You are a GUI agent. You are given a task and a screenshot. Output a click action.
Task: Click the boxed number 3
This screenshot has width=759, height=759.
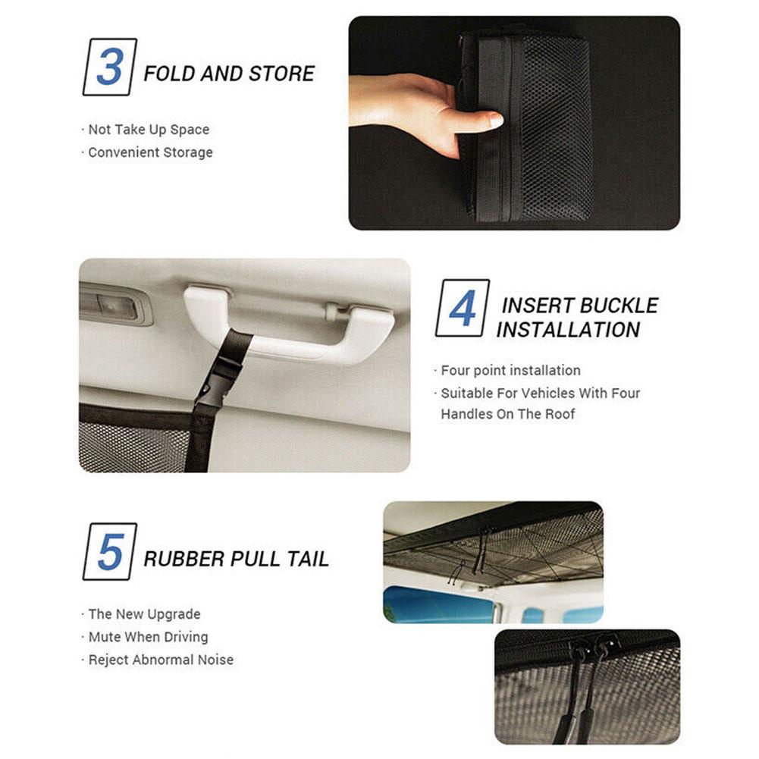[109, 67]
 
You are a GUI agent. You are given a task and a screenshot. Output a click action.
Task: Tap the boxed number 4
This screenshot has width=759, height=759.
[463, 308]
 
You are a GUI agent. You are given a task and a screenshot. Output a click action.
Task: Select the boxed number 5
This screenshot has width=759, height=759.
[110, 551]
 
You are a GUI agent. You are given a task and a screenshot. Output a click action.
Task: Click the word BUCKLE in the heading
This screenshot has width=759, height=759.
[619, 306]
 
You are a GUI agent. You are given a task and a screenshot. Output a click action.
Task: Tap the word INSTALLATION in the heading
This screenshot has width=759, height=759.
[568, 330]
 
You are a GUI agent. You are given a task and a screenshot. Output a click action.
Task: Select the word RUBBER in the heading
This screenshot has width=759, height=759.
[183, 559]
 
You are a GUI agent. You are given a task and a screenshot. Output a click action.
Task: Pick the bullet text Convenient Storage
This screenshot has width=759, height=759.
[151, 152]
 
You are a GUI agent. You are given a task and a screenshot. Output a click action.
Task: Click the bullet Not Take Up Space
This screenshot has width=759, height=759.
[149, 130]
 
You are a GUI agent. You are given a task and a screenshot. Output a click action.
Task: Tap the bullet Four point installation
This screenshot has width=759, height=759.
[511, 370]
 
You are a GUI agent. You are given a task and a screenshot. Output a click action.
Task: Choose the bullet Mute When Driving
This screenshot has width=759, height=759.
[148, 637]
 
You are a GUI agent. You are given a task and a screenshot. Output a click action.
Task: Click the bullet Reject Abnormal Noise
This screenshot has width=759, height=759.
[161, 660]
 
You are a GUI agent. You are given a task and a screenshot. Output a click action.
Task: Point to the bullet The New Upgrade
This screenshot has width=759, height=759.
[144, 614]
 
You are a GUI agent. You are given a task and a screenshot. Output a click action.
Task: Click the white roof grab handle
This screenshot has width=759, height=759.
[290, 322]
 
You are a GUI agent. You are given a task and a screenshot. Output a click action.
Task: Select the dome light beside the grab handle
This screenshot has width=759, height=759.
[115, 306]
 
